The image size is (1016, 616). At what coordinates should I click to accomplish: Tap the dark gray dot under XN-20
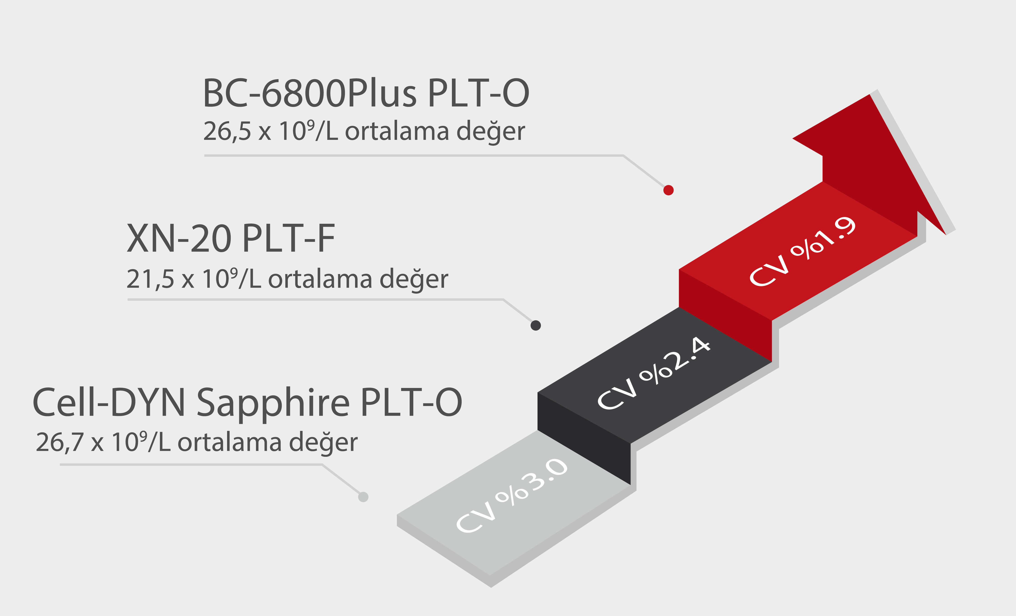coord(536,325)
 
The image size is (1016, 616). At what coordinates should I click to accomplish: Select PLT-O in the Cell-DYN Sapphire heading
coord(411,403)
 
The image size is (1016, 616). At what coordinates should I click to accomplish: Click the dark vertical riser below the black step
coord(584,437)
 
